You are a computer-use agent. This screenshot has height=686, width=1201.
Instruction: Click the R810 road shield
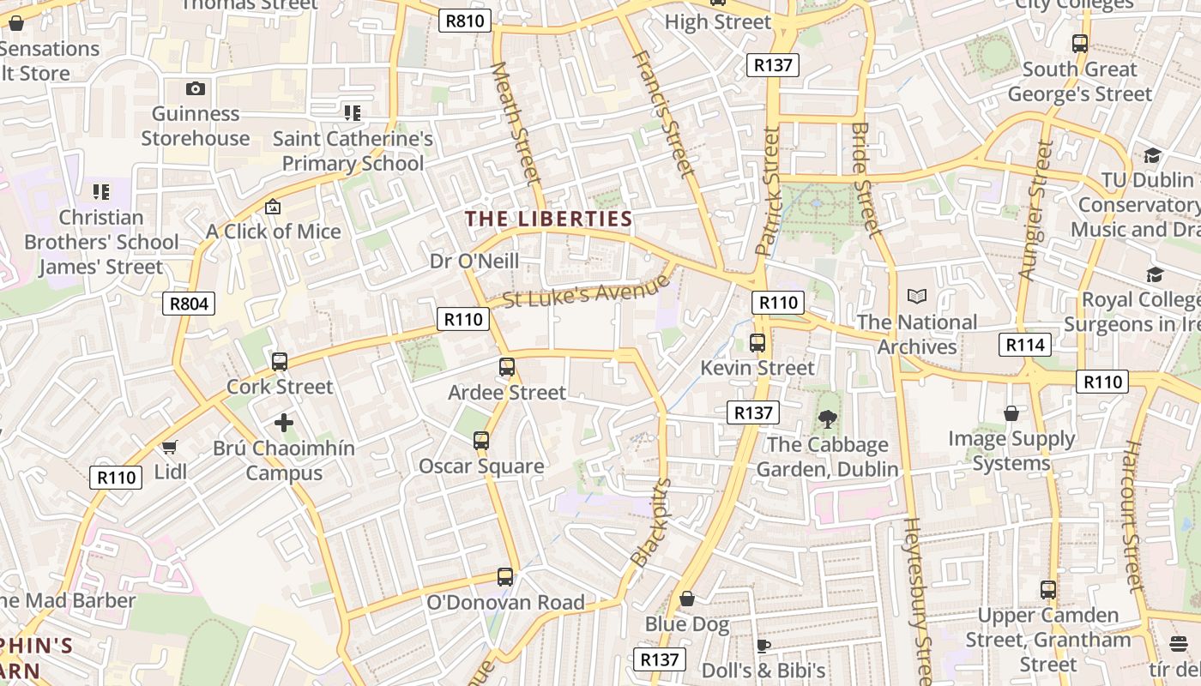465,21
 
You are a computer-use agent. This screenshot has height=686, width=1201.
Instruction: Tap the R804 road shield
189,303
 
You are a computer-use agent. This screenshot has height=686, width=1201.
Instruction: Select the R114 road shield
1024,345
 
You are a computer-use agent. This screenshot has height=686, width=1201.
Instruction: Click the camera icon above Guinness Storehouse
196,88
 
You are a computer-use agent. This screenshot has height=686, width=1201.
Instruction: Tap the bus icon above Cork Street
280,362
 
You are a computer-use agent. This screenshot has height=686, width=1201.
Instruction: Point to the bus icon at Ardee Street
507,367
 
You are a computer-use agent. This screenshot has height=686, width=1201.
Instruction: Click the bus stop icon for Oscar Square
481,441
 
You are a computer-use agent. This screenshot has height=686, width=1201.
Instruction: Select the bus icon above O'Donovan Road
505,577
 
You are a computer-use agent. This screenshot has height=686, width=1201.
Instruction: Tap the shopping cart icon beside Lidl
170,447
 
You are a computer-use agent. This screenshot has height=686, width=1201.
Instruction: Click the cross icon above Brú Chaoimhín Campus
284,423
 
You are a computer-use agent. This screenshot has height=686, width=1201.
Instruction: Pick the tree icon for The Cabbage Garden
828,419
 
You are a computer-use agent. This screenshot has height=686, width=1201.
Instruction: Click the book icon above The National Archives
917,297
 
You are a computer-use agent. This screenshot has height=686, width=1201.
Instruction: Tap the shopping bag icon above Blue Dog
687,599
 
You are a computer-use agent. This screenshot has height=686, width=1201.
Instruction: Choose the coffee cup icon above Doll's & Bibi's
763,646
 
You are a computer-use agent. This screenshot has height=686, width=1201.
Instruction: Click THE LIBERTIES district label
548,219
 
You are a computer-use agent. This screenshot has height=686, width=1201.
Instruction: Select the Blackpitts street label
651,522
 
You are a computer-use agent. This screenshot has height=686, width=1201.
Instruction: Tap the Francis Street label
662,112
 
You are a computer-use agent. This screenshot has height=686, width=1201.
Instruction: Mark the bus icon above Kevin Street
757,343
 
